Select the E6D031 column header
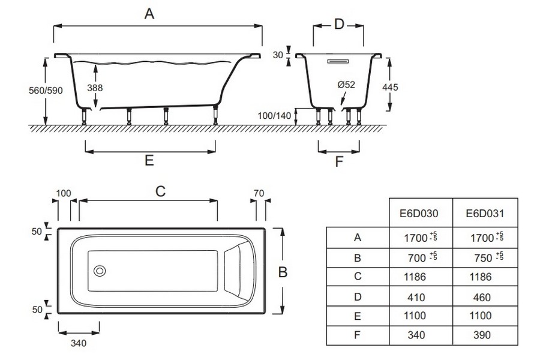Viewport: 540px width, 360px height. point(485,213)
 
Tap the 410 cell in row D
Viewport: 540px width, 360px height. point(416,297)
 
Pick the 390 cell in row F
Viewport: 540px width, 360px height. point(482,335)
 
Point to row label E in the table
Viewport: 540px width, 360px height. point(358,316)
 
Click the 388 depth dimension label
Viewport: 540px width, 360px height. point(95,88)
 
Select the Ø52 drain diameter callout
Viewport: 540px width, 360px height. point(346,85)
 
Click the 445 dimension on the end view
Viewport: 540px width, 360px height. point(390,88)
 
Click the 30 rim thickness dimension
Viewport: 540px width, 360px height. point(277,55)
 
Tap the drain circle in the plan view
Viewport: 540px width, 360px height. point(100,271)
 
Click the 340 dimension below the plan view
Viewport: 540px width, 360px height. point(79,343)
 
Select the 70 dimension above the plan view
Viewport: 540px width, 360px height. point(259,193)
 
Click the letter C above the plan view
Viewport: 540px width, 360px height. point(160,191)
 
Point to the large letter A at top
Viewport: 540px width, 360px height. point(149,14)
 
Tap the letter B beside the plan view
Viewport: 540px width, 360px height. point(283,272)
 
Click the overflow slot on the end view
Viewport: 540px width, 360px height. point(339,61)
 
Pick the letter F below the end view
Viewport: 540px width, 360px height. point(339,161)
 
